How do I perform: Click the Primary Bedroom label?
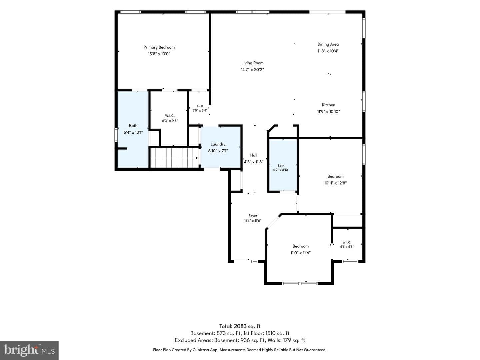coord(159,47)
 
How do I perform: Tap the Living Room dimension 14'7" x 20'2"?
coord(252,70)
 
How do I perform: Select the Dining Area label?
coord(328,44)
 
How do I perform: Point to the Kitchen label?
coord(328,105)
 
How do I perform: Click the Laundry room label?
coord(218,144)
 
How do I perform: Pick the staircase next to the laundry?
coord(174,158)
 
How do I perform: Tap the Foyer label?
coord(253,216)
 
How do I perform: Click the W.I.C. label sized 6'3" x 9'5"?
coord(170,116)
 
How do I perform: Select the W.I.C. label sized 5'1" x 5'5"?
coord(347,242)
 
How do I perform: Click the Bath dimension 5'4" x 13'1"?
coord(133,132)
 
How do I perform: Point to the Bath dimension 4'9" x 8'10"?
coord(281,170)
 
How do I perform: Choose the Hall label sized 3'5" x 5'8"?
coord(200,106)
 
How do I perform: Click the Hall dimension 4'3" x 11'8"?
coord(254,162)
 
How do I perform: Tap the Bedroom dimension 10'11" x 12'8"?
coord(335,183)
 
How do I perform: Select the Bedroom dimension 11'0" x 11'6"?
coord(300,253)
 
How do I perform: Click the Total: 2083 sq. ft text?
coord(240,326)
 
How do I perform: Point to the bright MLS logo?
coord(29,350)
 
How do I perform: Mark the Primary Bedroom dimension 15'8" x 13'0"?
coord(159,54)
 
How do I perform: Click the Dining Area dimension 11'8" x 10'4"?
coord(328,51)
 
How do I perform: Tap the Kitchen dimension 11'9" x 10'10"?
coord(328,112)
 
